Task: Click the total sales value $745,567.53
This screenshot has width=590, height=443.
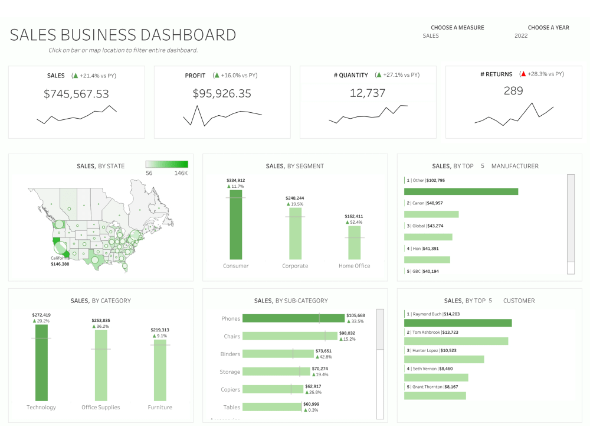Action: tap(76, 93)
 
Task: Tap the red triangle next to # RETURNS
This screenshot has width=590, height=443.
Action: tap(523, 74)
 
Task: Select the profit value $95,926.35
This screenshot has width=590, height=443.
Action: tap(222, 93)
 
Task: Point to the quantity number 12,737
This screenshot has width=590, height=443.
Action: tap(368, 93)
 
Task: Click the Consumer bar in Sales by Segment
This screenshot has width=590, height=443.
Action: tap(236, 224)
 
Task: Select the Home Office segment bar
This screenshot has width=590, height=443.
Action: tap(355, 242)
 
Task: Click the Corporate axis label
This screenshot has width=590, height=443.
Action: tap(295, 266)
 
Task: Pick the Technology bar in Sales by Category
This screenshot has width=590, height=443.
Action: tap(41, 363)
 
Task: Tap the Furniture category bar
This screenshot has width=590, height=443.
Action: tap(160, 370)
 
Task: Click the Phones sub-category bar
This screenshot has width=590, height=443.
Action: tap(293, 318)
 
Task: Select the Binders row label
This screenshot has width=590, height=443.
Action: tap(231, 354)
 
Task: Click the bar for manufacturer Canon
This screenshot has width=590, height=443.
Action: tap(431, 214)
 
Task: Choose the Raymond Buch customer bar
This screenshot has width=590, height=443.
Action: tap(458, 323)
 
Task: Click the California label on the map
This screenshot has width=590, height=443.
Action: tap(59, 258)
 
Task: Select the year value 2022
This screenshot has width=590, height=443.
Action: tap(521, 36)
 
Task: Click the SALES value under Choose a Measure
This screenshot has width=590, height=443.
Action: tap(431, 36)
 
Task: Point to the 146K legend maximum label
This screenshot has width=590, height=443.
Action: tap(181, 174)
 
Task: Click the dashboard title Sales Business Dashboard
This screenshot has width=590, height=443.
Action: tap(123, 35)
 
